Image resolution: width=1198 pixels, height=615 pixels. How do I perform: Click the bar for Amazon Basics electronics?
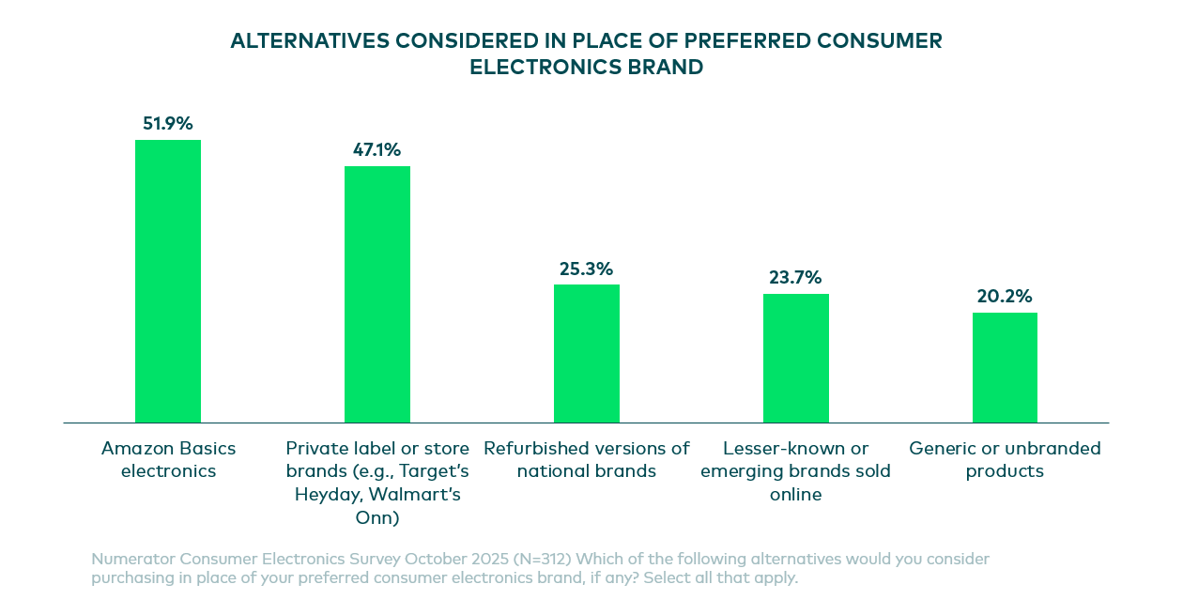click(x=168, y=282)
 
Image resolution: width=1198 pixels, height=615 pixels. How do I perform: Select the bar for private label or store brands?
click(x=377, y=295)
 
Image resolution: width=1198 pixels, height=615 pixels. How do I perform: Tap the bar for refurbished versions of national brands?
click(x=587, y=354)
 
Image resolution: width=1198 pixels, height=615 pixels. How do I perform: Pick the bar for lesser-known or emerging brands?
click(x=796, y=359)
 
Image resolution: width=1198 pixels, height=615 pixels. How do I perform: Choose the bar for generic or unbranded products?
click(x=1005, y=368)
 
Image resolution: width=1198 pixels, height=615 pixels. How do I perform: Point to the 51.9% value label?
click(x=168, y=124)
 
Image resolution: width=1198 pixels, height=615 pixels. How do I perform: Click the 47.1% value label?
click(x=377, y=150)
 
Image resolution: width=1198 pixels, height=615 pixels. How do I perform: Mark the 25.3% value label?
click(x=587, y=269)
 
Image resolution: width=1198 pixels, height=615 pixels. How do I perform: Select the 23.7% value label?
click(x=796, y=278)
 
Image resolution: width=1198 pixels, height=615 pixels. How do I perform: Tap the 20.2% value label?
click(x=1005, y=297)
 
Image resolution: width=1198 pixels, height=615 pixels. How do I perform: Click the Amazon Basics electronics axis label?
click(x=169, y=459)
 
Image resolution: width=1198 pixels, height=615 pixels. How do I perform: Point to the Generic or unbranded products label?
click(x=1005, y=459)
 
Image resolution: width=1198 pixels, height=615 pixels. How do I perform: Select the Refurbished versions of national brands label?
click(x=587, y=459)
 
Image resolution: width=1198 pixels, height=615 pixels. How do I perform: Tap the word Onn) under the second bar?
click(x=377, y=517)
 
